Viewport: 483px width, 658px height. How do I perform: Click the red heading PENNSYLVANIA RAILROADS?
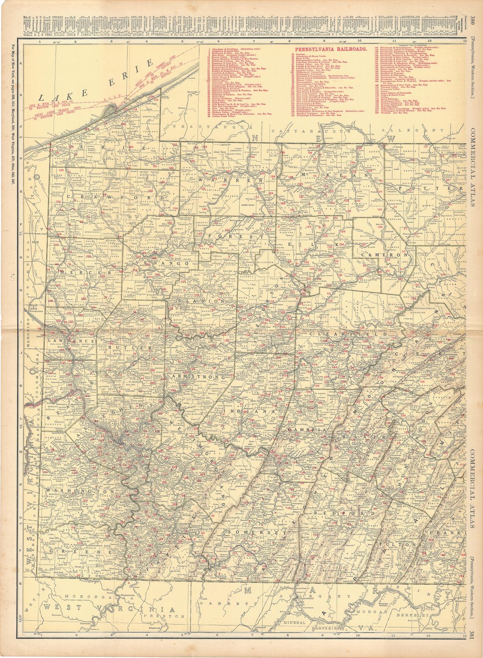click(x=331, y=50)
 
